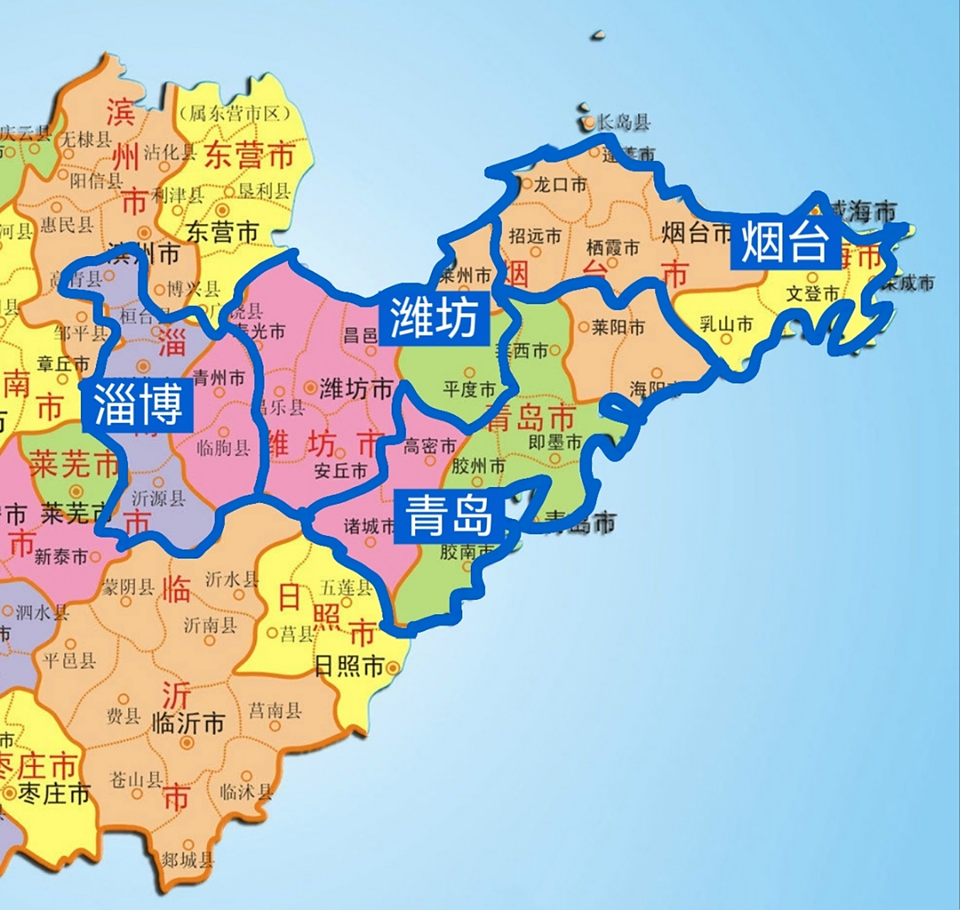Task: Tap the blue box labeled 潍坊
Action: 434,317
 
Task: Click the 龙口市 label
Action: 560,185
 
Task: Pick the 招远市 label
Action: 535,235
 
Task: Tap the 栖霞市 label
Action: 613,247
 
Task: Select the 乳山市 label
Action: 726,325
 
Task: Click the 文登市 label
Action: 812,293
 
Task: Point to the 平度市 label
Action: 469,389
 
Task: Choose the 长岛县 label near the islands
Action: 623,122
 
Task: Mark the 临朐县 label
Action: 223,447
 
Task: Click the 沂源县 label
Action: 158,498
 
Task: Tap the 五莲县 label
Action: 346,587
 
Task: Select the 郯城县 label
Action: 187,860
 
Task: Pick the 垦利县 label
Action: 264,191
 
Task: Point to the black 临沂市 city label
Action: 188,724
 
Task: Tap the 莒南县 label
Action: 275,710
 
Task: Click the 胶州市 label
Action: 478,466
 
